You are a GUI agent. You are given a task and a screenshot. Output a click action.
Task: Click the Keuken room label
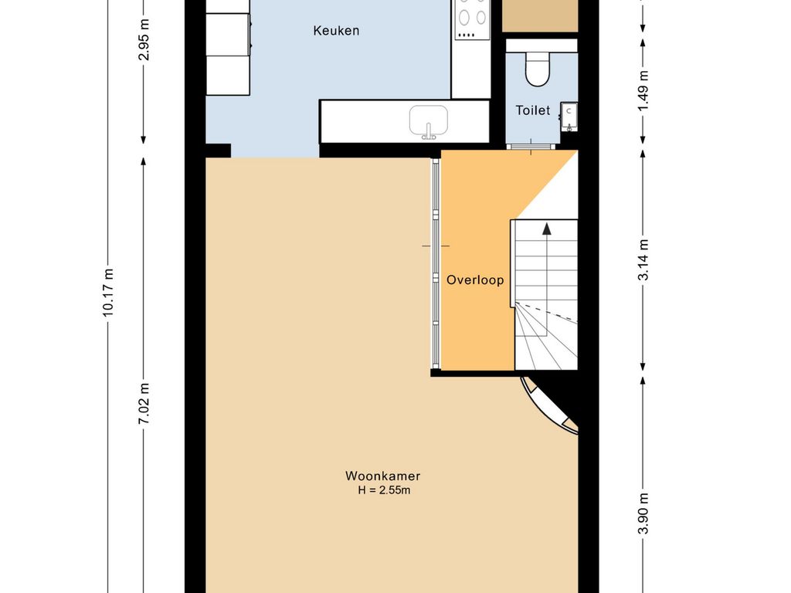[x=336, y=31]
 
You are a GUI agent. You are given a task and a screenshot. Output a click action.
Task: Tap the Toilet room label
[x=533, y=110]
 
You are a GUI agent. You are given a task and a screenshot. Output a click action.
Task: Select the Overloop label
[x=475, y=280]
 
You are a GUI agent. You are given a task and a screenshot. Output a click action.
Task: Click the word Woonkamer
[x=383, y=476]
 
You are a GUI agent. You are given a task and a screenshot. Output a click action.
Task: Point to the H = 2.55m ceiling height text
[x=384, y=490]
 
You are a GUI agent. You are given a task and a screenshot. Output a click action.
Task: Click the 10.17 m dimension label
[x=108, y=293]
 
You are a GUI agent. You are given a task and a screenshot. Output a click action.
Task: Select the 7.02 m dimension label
[x=144, y=403]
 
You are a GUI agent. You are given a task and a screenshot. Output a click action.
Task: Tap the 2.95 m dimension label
[x=144, y=39]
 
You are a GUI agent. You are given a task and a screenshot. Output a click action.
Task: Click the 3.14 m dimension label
[x=643, y=259]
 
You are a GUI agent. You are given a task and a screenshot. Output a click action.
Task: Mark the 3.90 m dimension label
[x=643, y=513]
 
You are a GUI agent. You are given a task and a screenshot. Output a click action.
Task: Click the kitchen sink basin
[x=428, y=121]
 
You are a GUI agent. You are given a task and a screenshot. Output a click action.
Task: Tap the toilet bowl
[x=538, y=69]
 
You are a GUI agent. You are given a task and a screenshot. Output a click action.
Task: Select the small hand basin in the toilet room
[x=569, y=117]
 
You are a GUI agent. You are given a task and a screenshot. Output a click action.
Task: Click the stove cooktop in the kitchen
[x=472, y=19]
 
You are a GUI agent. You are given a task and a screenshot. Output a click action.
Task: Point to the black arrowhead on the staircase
[x=547, y=229]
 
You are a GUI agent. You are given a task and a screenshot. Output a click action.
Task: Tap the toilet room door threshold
[x=531, y=147]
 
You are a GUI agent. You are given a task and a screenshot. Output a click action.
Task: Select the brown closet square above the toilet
[x=540, y=16]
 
